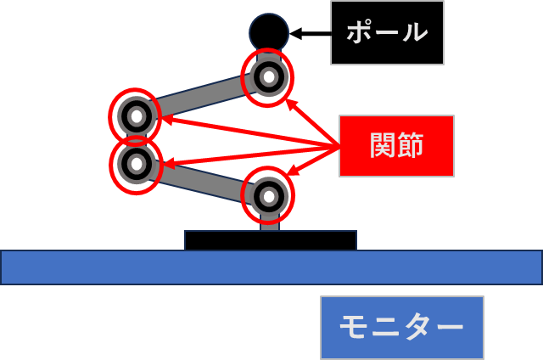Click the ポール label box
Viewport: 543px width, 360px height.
pyautogui.click(x=387, y=32)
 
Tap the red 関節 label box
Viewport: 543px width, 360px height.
pyautogui.click(x=396, y=146)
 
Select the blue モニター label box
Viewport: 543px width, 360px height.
pyautogui.click(x=401, y=327)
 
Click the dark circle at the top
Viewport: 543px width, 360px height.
pyautogui.click(x=269, y=32)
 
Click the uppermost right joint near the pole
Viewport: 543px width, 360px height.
pyautogui.click(x=268, y=77)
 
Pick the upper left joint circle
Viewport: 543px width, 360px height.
pyautogui.click(x=135, y=116)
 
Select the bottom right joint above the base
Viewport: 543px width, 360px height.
pyautogui.click(x=268, y=195)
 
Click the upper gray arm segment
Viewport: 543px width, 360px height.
pyautogui.click(x=201, y=97)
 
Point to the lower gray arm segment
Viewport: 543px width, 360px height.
pyautogui.click(x=202, y=180)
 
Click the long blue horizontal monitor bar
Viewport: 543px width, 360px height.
pyautogui.click(x=271, y=267)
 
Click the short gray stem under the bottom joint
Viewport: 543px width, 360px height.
pyautogui.click(x=269, y=224)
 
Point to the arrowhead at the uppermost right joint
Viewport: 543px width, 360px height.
pyautogui.click(x=290, y=103)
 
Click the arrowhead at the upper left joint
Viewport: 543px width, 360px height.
pyautogui.click(x=165, y=120)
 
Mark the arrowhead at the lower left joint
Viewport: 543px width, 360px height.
pyautogui.click(x=166, y=163)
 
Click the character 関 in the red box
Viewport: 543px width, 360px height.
pyautogui.click(x=383, y=146)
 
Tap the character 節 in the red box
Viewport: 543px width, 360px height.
pyautogui.click(x=411, y=146)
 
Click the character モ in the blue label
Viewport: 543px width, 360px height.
pyautogui.click(x=354, y=327)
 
